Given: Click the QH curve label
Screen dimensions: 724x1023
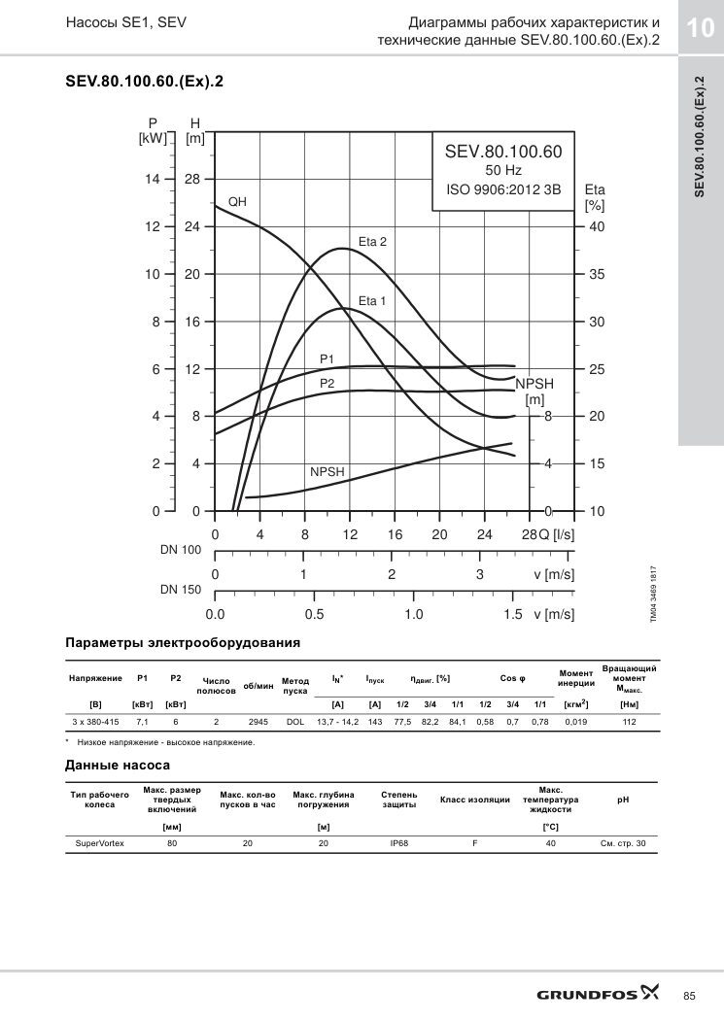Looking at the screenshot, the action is [x=237, y=202].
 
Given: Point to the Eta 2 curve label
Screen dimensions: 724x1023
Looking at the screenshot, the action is [x=372, y=241].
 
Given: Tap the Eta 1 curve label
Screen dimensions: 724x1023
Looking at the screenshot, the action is [x=372, y=301].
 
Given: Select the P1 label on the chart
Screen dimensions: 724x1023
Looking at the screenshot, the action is [x=327, y=358].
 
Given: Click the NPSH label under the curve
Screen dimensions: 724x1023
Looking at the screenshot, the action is [x=328, y=472].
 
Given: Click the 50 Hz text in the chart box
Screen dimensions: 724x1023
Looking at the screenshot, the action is [x=503, y=170].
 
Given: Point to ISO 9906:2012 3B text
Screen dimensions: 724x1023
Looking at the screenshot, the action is [x=503, y=189].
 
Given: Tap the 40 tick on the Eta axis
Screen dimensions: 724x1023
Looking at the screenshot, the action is [x=597, y=227].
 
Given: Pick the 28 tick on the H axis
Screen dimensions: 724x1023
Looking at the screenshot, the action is [x=192, y=180].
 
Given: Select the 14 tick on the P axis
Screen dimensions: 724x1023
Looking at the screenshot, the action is [x=153, y=180].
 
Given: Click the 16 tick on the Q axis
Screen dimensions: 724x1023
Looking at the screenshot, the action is [x=395, y=535].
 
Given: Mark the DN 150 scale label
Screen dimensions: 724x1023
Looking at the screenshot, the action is [x=181, y=589].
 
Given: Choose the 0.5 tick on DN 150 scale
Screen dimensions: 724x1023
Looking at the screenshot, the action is [x=314, y=615].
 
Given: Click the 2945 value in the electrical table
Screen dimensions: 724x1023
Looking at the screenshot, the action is [x=258, y=722].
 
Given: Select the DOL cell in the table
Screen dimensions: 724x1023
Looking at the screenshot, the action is [x=295, y=722].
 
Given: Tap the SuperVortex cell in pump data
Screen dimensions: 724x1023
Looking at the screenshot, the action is [x=100, y=843].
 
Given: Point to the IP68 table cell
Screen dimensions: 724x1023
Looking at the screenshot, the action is [x=398, y=843].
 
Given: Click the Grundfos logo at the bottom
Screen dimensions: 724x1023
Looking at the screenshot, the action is [x=598, y=994].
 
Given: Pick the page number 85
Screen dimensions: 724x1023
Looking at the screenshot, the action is [x=689, y=996].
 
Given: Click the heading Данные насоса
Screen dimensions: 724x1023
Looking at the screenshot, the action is [x=118, y=766].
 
